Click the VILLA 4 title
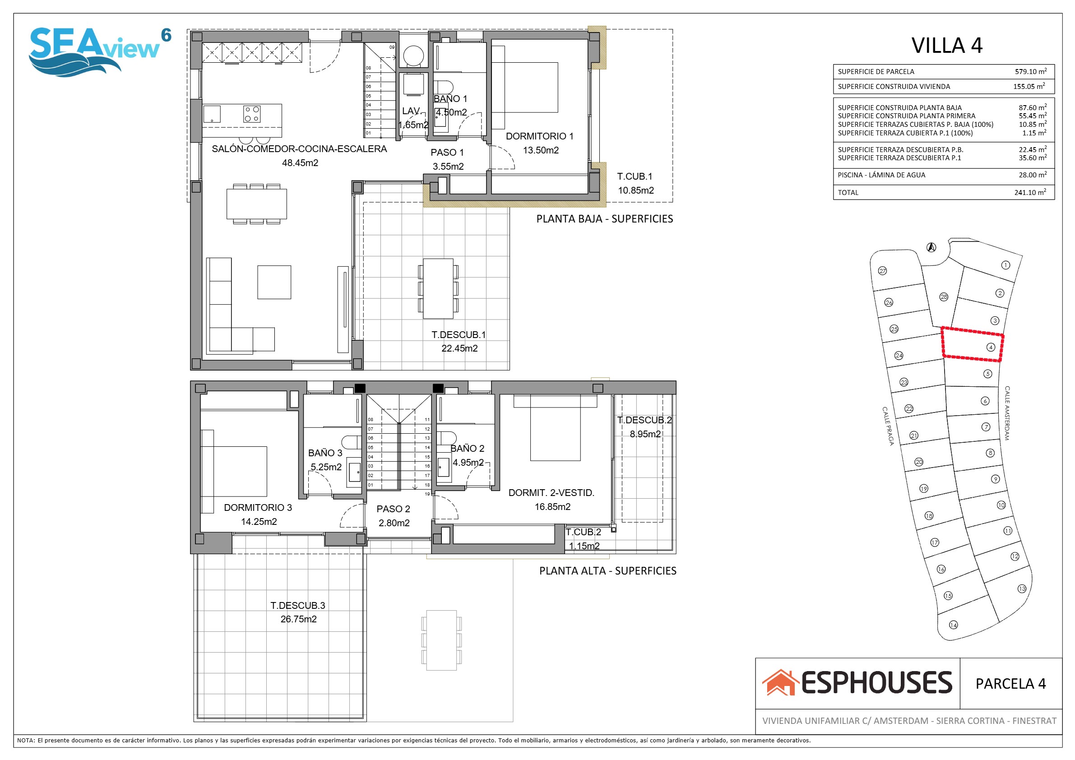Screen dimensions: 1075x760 point(947,46)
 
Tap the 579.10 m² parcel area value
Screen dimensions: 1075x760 point(1030,71)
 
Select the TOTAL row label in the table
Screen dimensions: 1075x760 point(848,192)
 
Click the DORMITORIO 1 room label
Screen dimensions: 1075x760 point(539,136)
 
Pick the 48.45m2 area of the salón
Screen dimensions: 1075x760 point(300,163)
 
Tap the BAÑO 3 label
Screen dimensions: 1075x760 point(325,453)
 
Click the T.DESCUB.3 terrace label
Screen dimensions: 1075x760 point(298,606)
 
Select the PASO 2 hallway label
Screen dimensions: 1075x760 point(393,509)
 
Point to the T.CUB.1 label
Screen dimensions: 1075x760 point(635,176)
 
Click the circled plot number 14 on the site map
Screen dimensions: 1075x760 point(953,625)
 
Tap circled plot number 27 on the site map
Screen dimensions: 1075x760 point(883,271)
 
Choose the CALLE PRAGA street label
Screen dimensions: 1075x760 point(888,426)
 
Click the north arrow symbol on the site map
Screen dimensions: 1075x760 point(931,247)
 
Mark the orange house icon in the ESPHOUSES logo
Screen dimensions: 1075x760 point(779,682)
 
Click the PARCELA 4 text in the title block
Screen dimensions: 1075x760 point(1010,684)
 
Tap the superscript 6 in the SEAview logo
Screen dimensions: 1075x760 point(166,35)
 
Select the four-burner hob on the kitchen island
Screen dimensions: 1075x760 point(252,114)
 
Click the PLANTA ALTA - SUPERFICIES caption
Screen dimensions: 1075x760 point(608,571)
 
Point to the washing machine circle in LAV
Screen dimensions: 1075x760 point(413,56)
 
